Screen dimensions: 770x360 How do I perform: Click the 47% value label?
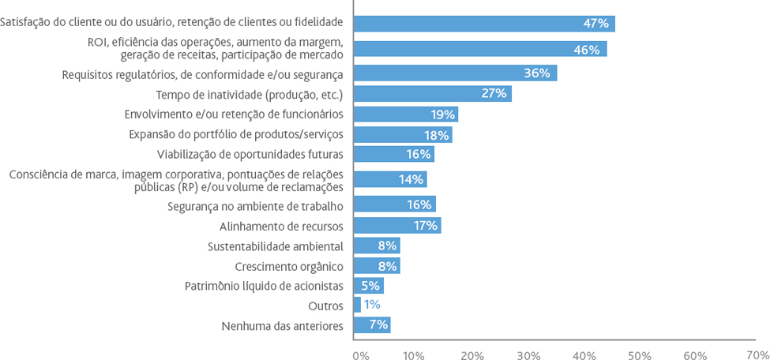click(596, 24)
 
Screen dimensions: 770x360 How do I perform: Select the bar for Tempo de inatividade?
click(433, 94)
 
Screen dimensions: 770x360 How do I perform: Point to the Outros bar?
click(357, 305)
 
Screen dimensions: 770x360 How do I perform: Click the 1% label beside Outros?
click(372, 305)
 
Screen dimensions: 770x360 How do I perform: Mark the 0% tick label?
click(360, 355)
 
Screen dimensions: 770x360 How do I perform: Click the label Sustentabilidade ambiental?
click(275, 246)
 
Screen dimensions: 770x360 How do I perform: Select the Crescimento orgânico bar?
click(377, 266)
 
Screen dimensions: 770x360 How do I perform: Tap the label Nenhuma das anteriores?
click(282, 325)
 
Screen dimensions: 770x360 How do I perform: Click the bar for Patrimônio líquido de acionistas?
click(368, 286)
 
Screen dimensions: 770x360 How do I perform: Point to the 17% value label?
click(425, 226)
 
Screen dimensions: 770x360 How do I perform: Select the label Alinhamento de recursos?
click(281, 227)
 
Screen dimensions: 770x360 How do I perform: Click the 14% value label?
click(411, 180)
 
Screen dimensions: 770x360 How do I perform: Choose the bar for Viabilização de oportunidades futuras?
click(394, 154)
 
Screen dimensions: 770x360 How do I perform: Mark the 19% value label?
click(442, 114)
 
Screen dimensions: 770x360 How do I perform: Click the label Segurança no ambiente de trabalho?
click(255, 206)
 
